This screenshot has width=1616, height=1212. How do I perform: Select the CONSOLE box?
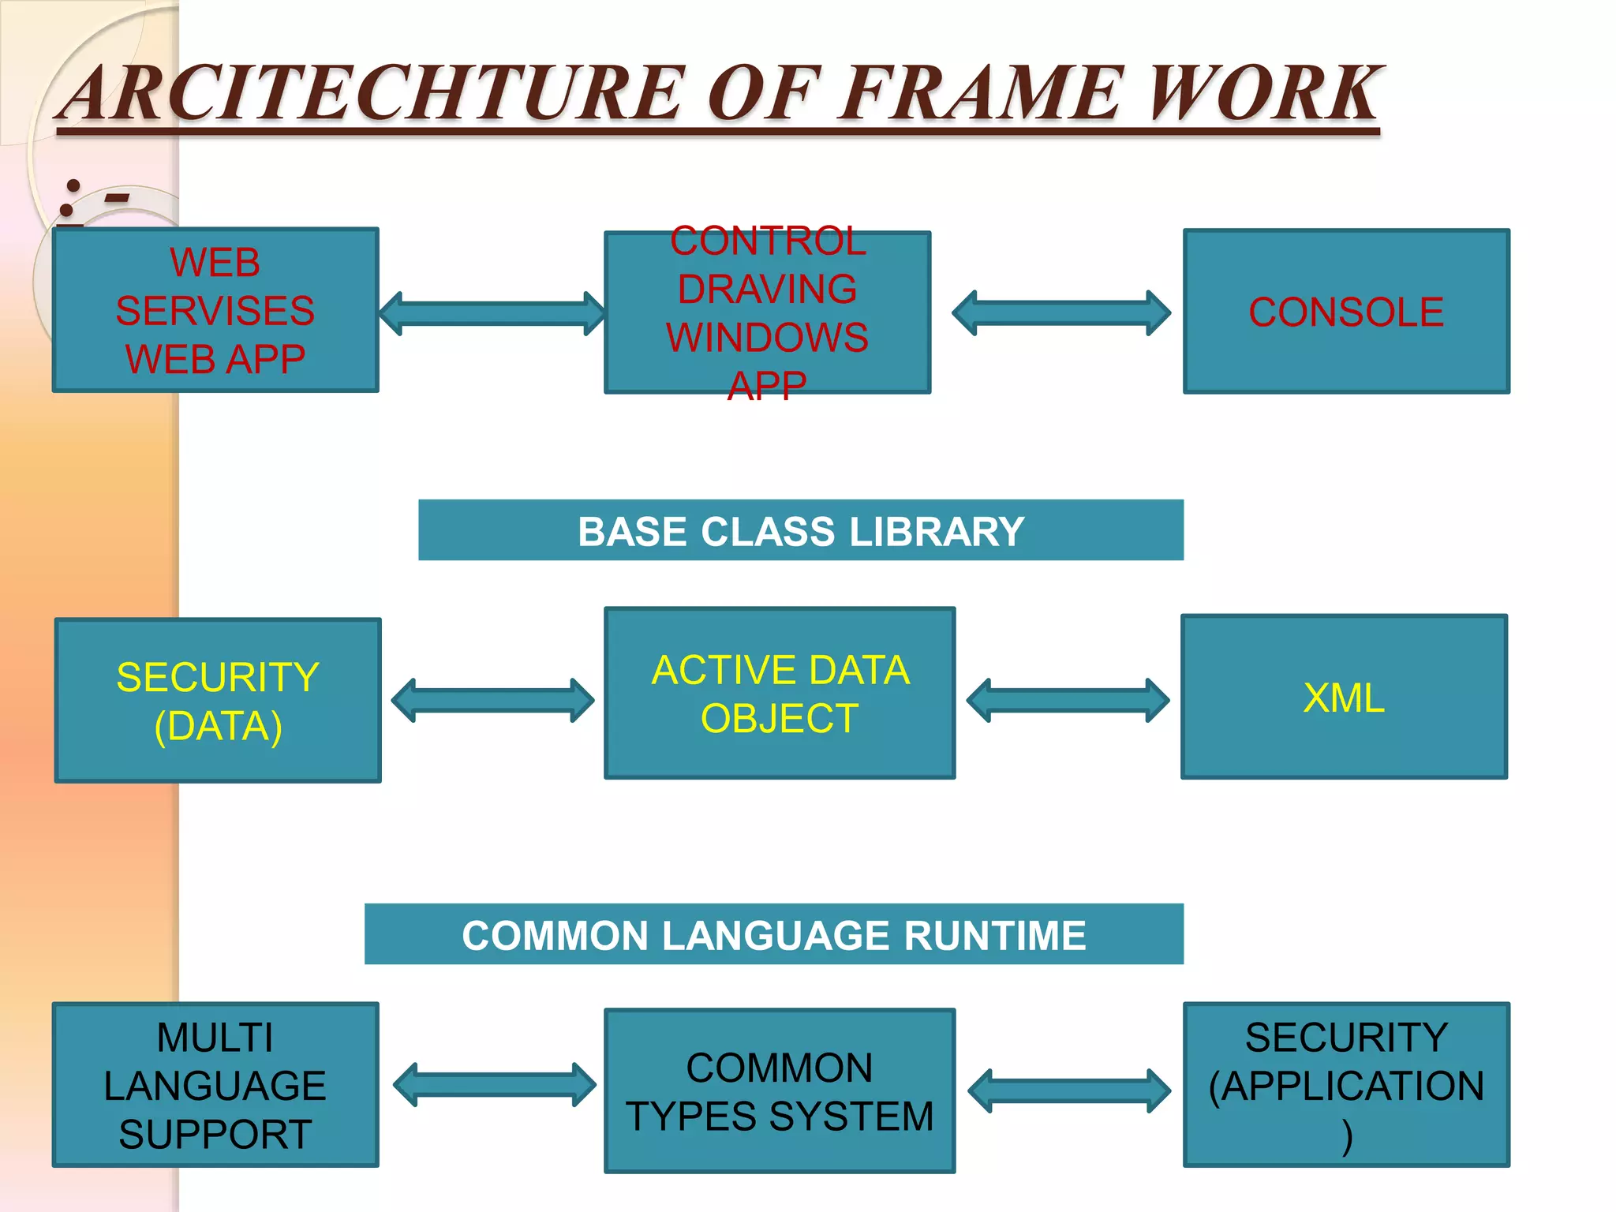point(1346,312)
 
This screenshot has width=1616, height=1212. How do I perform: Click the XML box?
point(1344,698)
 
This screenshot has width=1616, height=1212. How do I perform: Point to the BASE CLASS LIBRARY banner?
point(801,531)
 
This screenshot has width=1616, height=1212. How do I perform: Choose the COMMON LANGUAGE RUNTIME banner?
point(774,935)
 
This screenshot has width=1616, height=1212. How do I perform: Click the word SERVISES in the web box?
point(215,311)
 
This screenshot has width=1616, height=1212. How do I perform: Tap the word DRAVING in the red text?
point(767,289)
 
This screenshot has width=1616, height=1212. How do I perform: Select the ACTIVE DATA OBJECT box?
point(780,694)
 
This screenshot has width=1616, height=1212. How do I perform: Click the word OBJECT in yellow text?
point(780,719)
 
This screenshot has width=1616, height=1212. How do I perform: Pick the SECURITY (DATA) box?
point(218,701)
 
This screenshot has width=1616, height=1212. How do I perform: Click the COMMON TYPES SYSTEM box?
point(780,1091)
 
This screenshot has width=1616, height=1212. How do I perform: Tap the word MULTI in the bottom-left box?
point(215,1037)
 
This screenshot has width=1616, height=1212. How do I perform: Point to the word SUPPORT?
point(215,1135)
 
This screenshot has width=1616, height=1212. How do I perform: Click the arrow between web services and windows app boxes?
point(492,313)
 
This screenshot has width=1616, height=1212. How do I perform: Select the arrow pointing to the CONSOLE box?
point(1061,313)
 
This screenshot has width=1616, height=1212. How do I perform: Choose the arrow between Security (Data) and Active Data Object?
point(492,700)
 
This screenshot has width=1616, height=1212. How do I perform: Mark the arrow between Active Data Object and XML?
point(1068,700)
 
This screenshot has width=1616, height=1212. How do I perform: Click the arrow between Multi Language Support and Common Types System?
point(495,1085)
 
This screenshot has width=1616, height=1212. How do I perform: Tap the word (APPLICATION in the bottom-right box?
point(1346,1086)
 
